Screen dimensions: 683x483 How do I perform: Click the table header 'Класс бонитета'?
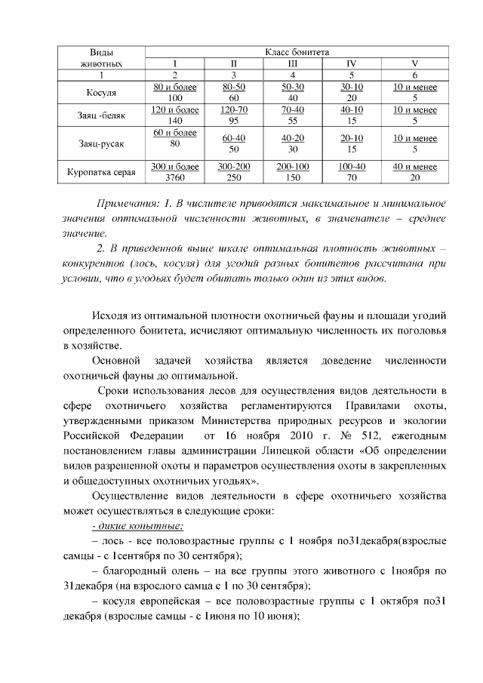[297, 53]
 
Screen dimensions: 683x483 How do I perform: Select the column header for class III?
[293, 64]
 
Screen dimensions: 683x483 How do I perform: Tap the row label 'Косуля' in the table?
[102, 93]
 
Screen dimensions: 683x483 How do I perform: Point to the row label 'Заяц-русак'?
[102, 143]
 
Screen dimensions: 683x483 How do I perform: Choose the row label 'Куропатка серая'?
[102, 172]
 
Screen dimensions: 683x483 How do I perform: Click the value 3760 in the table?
[175, 178]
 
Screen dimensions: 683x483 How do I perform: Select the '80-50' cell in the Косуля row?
[234, 88]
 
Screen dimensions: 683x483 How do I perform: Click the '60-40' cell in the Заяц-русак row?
[234, 138]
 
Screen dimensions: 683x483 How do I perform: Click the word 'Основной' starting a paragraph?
[115, 361]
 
